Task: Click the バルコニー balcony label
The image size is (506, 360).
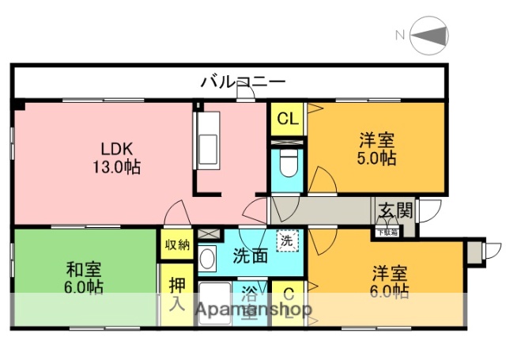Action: (242, 81)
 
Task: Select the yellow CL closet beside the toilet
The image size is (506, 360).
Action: (287, 119)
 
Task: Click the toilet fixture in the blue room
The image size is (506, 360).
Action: (287, 167)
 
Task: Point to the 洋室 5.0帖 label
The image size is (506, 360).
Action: (376, 150)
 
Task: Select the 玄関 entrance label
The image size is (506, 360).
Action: (395, 210)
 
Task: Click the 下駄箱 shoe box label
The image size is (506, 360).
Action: (387, 232)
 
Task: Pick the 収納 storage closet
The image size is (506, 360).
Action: (177, 244)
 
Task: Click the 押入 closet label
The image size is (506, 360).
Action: (176, 294)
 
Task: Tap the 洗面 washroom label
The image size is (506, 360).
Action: (250, 256)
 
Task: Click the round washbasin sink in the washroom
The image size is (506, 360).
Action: (207, 259)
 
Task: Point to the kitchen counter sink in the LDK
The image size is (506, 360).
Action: (211, 141)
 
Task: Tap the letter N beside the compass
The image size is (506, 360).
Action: (400, 35)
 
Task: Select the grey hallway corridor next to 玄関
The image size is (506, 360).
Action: (320, 210)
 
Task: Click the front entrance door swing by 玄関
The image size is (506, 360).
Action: (429, 210)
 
